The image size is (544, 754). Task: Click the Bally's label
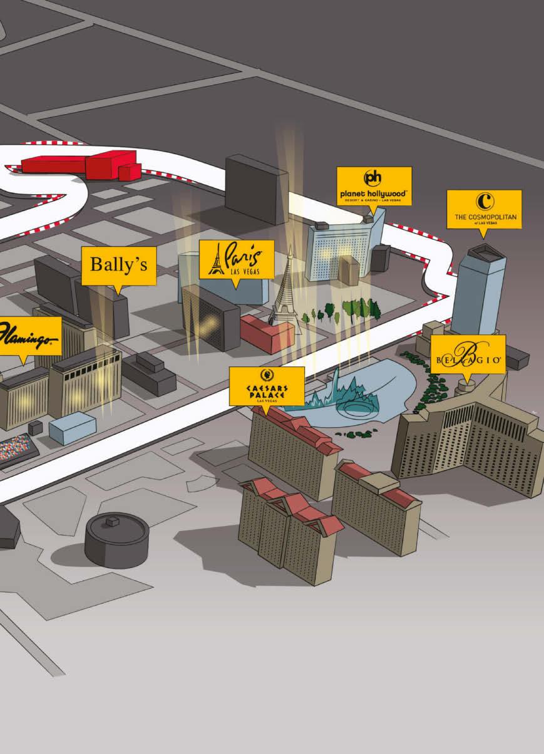coord(118,265)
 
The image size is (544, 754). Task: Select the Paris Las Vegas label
coord(236,259)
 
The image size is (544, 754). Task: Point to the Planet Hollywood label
coord(374,185)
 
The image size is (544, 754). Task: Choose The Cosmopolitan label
coord(483,209)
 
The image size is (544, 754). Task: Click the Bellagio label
coord(467,354)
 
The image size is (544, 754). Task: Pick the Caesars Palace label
coord(267,385)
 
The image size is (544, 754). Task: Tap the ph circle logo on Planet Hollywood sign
coord(373,178)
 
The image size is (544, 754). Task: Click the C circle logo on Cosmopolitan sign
coord(485,202)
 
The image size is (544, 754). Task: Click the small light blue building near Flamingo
coord(72,428)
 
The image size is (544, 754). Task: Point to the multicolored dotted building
coord(16,450)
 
